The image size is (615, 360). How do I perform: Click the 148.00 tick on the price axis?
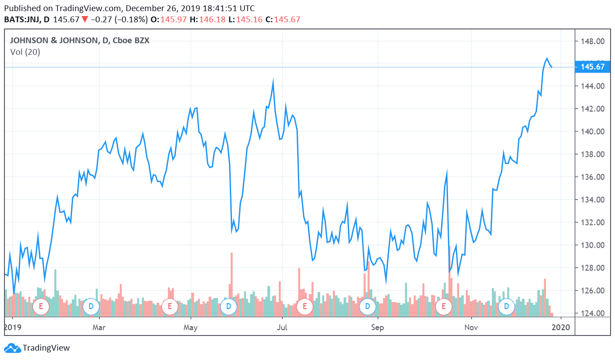point(593,41)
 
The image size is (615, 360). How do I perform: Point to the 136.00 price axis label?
point(593,177)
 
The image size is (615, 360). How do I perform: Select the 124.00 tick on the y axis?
point(593,314)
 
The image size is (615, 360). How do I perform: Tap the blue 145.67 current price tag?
point(593,67)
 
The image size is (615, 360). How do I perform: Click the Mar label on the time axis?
point(99,328)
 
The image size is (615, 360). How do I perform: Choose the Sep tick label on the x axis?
point(377,328)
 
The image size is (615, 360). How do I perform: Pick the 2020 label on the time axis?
point(561,328)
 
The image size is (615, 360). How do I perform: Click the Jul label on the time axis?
point(282,328)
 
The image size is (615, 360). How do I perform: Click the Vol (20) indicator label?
point(25,52)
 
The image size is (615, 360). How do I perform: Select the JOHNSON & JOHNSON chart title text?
point(53,41)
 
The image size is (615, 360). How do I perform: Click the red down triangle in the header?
point(85,20)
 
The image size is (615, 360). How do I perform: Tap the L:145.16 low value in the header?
point(247,20)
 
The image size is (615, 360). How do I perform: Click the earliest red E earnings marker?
point(41,306)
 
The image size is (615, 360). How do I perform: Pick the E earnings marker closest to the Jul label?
point(305,306)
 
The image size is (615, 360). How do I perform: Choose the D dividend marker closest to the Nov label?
point(506,306)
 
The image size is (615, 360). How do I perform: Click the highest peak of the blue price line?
point(547,58)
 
